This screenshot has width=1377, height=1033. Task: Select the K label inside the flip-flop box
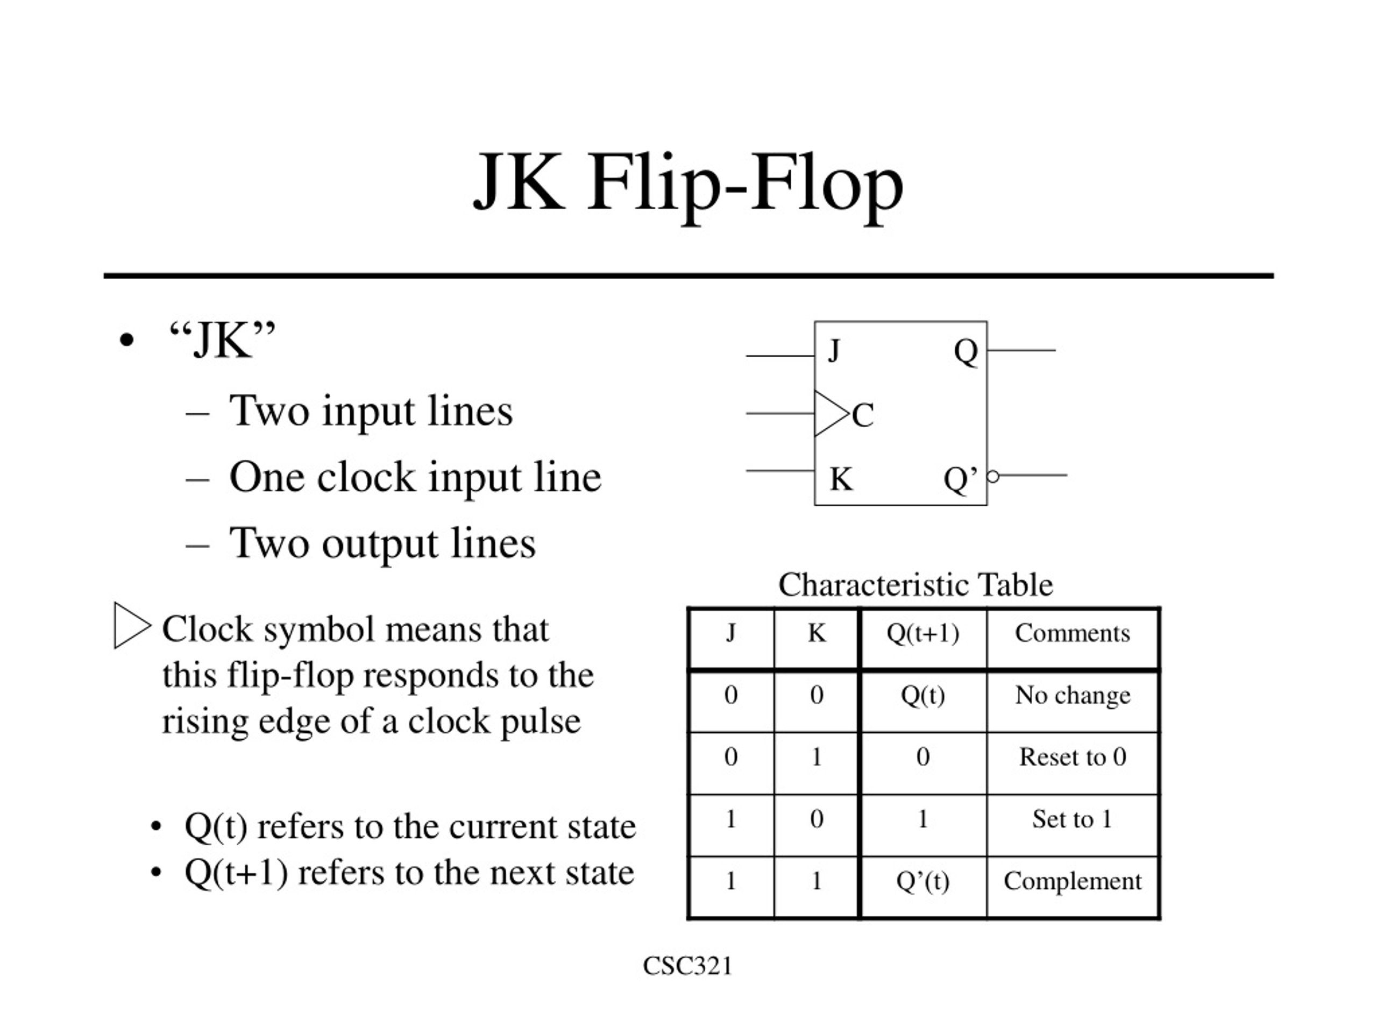(841, 479)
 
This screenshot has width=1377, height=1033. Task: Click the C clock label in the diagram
(863, 415)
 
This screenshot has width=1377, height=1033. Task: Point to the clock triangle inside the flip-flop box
(831, 413)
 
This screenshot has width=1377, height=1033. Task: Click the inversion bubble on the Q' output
(993, 476)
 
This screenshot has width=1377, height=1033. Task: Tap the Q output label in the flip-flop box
(966, 352)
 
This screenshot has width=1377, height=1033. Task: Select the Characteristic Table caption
(915, 585)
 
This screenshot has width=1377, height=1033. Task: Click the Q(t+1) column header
(922, 633)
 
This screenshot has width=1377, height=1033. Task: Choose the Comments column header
(1073, 633)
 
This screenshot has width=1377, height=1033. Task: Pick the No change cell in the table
(1073, 695)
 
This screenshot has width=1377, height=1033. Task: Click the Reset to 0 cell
(1073, 756)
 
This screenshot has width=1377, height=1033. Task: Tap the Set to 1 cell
(1072, 819)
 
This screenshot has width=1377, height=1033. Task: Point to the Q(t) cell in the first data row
(922, 696)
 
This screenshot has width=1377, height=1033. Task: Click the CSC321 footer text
(688, 966)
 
